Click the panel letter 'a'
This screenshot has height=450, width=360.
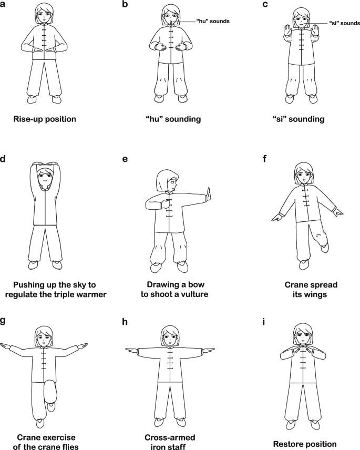[x=2, y=5]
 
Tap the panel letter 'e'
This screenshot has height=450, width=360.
[x=125, y=159]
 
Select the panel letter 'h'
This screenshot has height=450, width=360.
[x=125, y=322]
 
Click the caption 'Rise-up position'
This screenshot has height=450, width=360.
[x=45, y=119]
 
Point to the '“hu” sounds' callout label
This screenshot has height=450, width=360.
[x=213, y=21]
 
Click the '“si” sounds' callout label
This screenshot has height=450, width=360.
[x=344, y=23]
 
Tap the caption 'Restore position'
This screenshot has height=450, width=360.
[x=305, y=444]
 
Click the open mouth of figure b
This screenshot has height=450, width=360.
[x=171, y=21]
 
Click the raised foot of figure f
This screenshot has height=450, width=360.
[x=325, y=247]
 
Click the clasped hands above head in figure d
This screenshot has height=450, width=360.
[x=45, y=165]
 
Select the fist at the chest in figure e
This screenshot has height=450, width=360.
[x=166, y=204]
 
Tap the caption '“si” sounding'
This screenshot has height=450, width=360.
[x=299, y=119]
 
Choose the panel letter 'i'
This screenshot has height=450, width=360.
[x=264, y=322]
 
